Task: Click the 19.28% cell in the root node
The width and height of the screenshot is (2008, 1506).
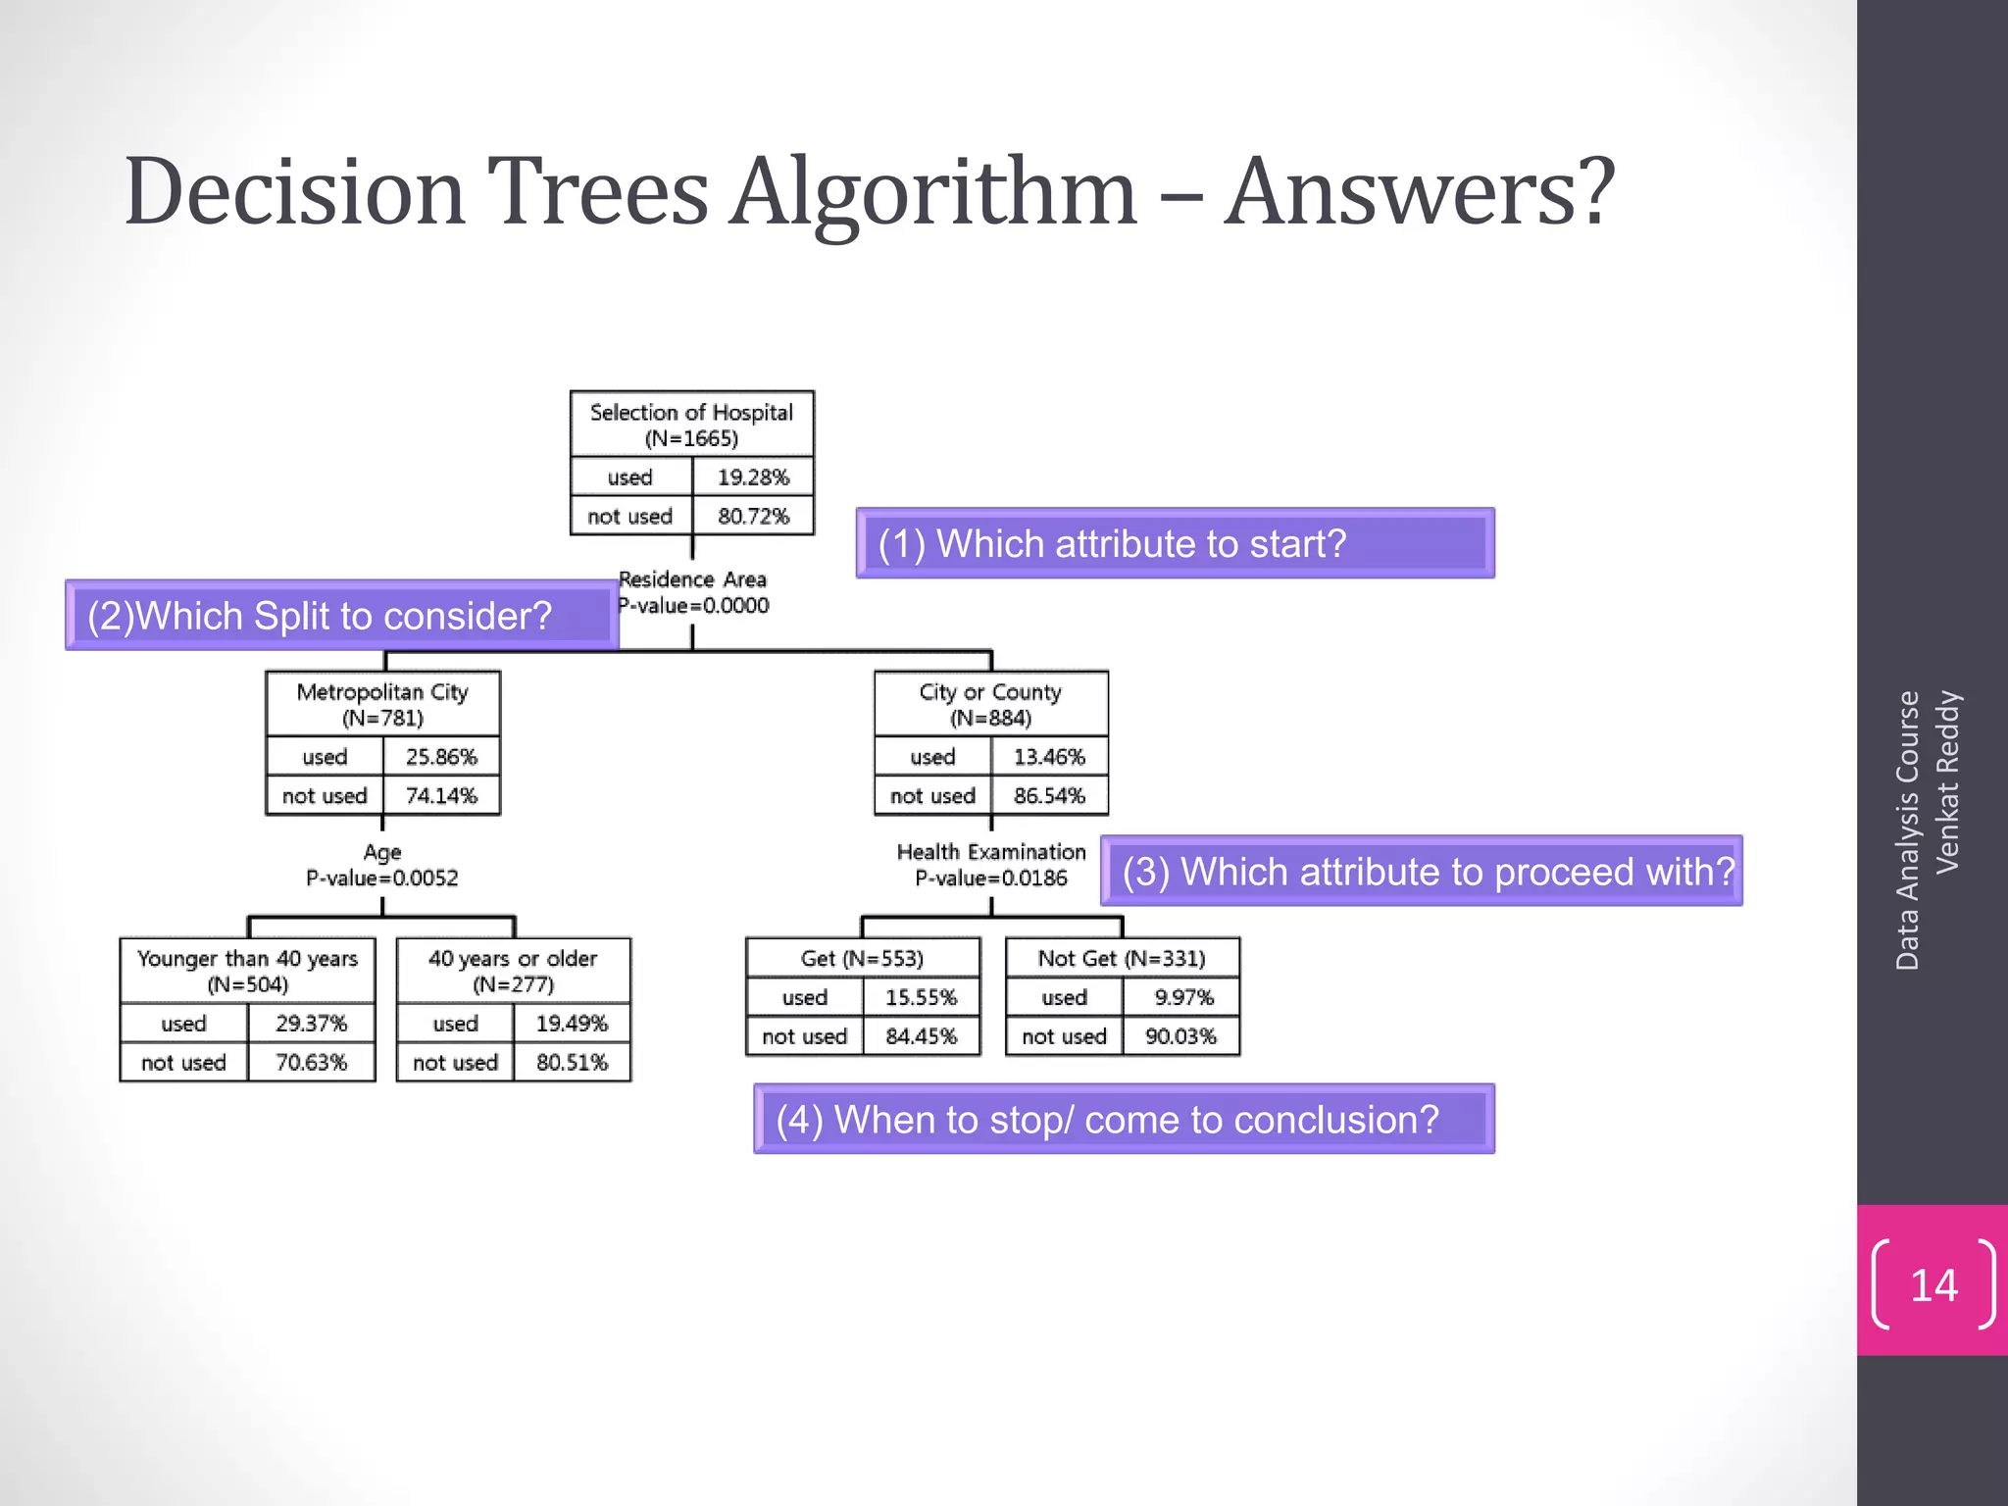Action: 752,477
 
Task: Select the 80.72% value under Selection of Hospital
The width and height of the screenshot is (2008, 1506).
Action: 752,516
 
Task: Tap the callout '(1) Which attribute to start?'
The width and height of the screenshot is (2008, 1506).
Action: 1174,543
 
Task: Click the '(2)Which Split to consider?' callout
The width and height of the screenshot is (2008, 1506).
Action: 340,616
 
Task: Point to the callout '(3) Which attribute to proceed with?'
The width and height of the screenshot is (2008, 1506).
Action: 1421,871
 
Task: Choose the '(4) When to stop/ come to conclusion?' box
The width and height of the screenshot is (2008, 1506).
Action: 1123,1119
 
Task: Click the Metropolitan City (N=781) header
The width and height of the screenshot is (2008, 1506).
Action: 382,704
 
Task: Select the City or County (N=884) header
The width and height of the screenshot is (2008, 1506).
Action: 990,704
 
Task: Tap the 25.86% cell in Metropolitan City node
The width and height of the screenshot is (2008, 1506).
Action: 441,757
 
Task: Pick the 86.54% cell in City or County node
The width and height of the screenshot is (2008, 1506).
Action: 1049,795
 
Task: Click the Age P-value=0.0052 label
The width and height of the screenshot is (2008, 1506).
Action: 382,865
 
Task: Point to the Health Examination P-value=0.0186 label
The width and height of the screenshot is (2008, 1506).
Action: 990,865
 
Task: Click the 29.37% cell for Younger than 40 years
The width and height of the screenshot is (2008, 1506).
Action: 311,1024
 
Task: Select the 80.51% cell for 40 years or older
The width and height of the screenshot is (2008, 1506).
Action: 572,1062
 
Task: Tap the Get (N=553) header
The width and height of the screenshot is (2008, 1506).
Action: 862,958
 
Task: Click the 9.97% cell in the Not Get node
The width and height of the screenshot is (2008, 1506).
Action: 1182,997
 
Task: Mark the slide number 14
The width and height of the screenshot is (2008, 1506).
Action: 1933,1284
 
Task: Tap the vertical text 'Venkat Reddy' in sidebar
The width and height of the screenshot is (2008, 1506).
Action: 1947,781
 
